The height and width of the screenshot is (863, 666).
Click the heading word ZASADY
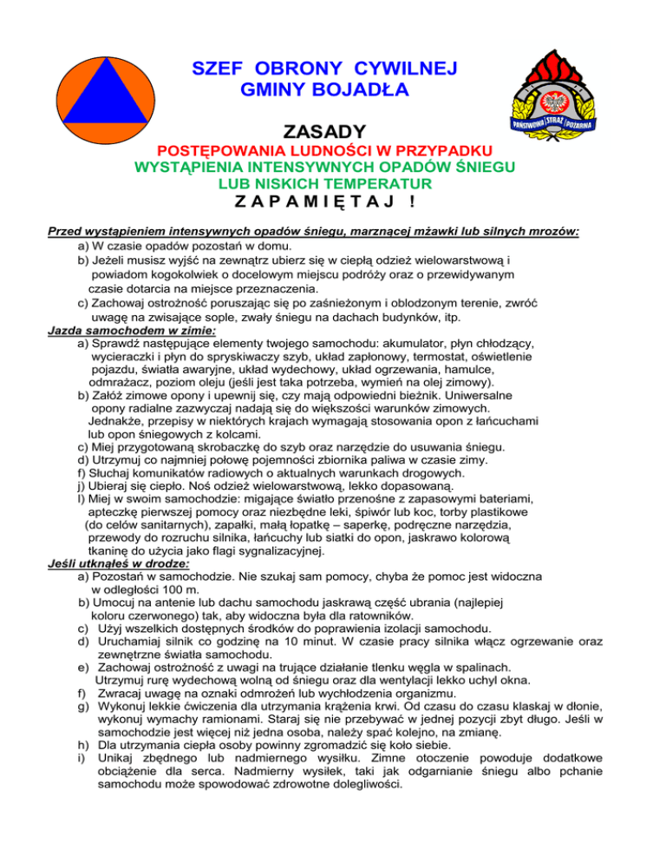click(x=324, y=132)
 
